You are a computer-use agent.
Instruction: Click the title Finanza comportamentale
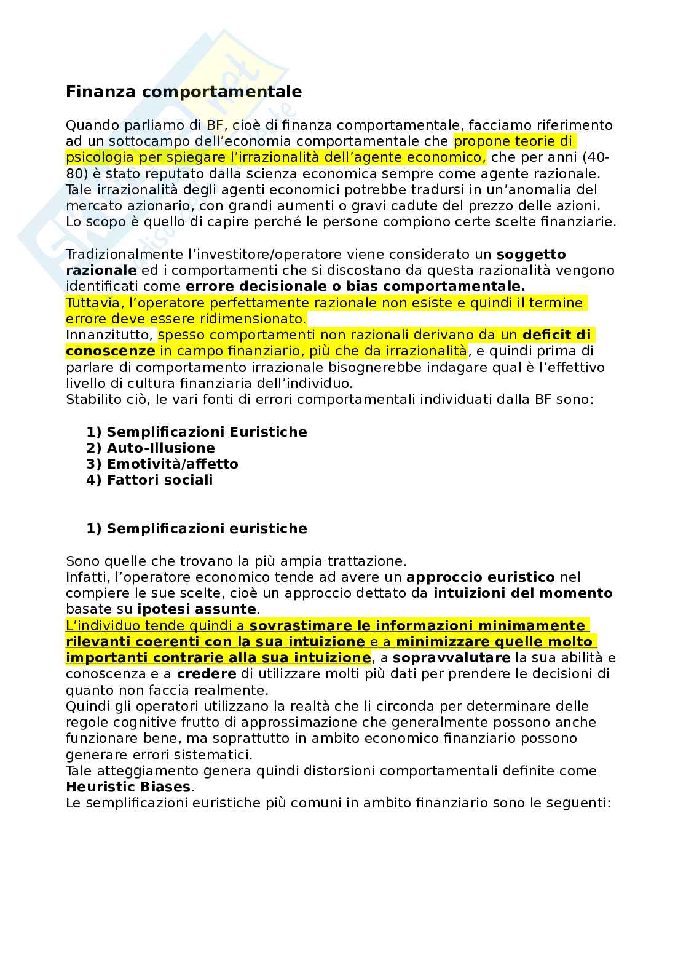(184, 92)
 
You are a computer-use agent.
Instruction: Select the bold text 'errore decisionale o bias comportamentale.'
(355, 287)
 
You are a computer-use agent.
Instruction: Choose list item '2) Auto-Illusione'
(151, 448)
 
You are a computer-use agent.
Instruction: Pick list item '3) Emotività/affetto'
(162, 464)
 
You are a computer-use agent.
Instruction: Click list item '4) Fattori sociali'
(149, 480)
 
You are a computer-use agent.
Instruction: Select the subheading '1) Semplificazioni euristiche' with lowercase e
(197, 528)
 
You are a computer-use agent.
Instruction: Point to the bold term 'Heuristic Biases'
(128, 787)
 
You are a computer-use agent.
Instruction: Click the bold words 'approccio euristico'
(481, 577)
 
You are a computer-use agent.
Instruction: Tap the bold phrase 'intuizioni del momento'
(522, 593)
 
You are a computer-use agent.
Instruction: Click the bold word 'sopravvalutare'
(451, 658)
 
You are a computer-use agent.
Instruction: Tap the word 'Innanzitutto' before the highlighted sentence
(108, 335)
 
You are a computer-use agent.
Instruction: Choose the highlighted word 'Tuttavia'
(88, 303)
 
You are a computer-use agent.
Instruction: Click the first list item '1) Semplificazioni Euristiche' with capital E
(197, 432)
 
